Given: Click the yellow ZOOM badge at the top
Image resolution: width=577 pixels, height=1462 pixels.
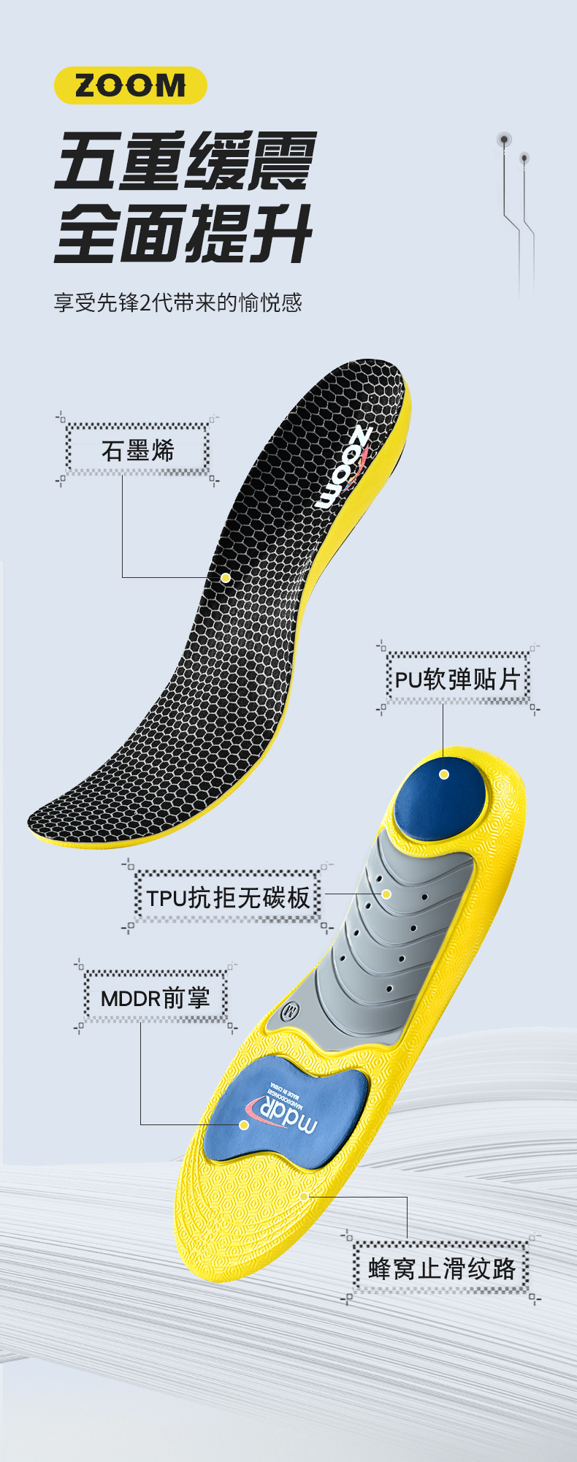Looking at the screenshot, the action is tap(131, 85).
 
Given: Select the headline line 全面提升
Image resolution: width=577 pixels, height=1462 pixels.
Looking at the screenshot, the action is tap(184, 233).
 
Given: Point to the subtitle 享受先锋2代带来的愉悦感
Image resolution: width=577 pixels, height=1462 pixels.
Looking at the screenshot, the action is tap(177, 302).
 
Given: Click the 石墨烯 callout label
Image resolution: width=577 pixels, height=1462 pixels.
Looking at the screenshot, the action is tap(138, 450).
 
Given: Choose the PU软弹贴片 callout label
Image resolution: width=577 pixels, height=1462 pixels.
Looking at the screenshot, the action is tap(457, 679).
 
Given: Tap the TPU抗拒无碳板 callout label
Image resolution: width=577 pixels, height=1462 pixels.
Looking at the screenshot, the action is tap(228, 897).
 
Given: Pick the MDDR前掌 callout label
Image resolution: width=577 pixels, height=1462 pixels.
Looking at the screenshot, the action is tap(155, 997).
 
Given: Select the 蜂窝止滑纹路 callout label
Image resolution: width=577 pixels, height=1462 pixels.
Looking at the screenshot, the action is tap(442, 1268).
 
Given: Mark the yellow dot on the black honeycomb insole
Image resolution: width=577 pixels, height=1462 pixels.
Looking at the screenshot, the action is tap(226, 577).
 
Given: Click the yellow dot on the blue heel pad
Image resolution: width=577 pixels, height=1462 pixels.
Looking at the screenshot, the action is tap(444, 774).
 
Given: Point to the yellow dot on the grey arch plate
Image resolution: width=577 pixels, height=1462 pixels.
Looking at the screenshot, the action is tap(386, 894).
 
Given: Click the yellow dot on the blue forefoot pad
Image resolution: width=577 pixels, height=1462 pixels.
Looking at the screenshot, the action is tap(245, 1124).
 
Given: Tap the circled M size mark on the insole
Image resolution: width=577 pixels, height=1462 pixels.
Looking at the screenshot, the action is tap(290, 1012).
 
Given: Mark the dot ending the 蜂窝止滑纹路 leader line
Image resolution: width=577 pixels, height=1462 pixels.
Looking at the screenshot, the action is tap(304, 1196).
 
